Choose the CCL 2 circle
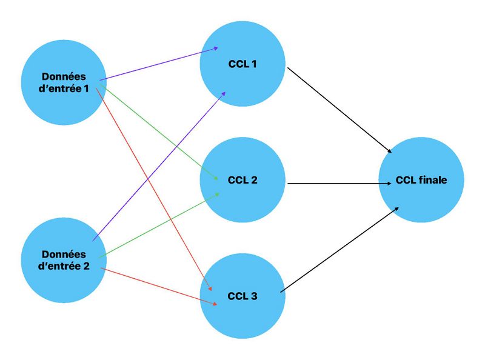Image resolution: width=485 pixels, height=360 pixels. point(242,180)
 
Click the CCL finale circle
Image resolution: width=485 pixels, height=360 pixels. point(421,181)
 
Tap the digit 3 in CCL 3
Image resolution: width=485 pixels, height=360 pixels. point(253,296)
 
